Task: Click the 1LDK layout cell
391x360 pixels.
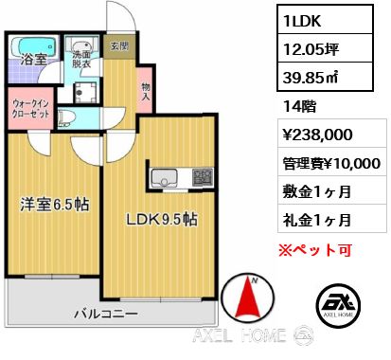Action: [x=325, y=20]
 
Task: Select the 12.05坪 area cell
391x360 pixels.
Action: [x=325, y=48]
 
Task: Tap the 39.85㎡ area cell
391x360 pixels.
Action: [x=325, y=77]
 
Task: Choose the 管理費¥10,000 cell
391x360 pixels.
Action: [x=332, y=162]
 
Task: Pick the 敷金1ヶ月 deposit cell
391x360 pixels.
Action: [x=332, y=190]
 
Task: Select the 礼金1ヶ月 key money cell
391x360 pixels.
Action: [x=332, y=219]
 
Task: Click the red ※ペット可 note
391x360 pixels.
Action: [x=314, y=250]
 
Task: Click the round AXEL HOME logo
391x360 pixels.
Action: [x=338, y=305]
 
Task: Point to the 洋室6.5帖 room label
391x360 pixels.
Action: [x=55, y=205]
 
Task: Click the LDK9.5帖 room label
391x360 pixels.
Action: [x=162, y=219]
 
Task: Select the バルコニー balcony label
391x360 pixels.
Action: [x=106, y=314]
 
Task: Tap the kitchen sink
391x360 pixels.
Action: [x=165, y=178]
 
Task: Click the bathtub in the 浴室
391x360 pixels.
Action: [x=33, y=47]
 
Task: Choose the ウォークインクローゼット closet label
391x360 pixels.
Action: [x=31, y=109]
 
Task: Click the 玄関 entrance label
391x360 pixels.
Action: [x=120, y=46]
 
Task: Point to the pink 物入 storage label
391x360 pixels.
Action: [x=146, y=92]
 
